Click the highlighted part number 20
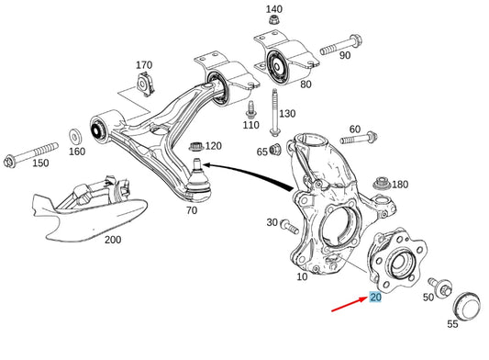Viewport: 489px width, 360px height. (x=375, y=297)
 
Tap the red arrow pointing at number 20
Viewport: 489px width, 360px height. (x=349, y=304)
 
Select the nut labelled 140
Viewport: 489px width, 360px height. (x=273, y=20)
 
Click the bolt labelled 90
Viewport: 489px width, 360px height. (x=340, y=45)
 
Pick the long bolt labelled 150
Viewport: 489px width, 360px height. (x=30, y=154)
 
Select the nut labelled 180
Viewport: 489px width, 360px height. (x=382, y=183)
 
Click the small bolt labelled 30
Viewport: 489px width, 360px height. (x=289, y=227)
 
